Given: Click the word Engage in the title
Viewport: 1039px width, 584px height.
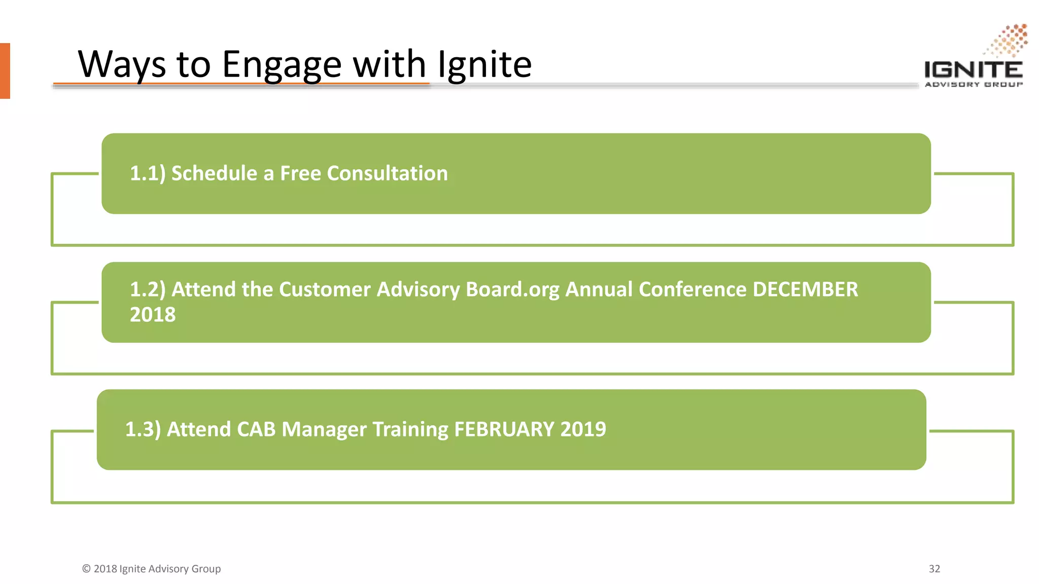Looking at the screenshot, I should tap(282, 65).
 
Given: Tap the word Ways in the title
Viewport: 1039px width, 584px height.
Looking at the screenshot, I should tap(122, 65).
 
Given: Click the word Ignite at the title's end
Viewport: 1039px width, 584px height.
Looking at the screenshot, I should tap(484, 65).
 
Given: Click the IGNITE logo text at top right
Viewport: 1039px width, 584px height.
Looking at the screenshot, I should tap(973, 69).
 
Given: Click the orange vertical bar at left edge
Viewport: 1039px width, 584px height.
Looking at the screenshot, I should tap(5, 70).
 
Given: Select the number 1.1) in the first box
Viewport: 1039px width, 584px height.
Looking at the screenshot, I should tap(148, 173).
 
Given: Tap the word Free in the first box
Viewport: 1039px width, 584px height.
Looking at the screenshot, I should tap(300, 173).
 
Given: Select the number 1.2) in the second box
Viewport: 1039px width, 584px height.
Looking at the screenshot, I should tap(148, 289).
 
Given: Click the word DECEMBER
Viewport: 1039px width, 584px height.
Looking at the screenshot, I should tap(805, 289).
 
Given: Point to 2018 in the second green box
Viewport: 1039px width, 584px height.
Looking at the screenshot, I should tap(153, 315).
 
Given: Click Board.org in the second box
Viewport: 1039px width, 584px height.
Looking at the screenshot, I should tap(512, 289).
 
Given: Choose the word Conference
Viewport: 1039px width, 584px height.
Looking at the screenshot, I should tap(692, 289).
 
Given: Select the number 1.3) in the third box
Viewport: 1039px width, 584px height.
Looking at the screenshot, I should tap(143, 429).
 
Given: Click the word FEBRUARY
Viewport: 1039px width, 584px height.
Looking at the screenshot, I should tap(504, 429).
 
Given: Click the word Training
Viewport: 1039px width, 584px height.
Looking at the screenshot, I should tap(410, 429).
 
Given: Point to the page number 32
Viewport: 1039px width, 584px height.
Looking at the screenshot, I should tap(934, 569).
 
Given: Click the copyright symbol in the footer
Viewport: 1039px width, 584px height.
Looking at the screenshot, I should tap(86, 569).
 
